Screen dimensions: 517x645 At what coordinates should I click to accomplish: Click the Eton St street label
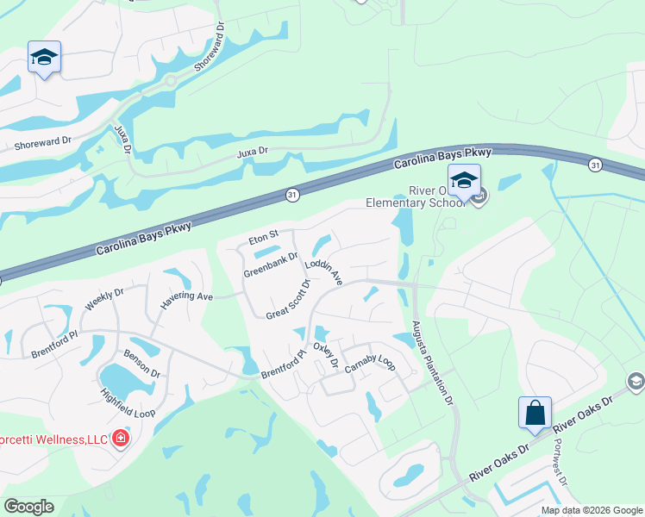(x=263, y=235)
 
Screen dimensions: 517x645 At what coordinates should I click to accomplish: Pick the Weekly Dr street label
(x=104, y=299)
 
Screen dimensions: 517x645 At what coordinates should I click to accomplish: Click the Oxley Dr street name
(x=325, y=354)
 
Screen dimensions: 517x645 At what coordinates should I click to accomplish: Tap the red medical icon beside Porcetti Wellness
(x=120, y=439)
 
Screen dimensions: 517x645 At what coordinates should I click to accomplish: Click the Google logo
(x=28, y=507)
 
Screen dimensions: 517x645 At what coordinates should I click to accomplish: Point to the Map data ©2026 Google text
(x=592, y=510)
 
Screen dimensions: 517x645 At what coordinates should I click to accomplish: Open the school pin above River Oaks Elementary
(x=464, y=180)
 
